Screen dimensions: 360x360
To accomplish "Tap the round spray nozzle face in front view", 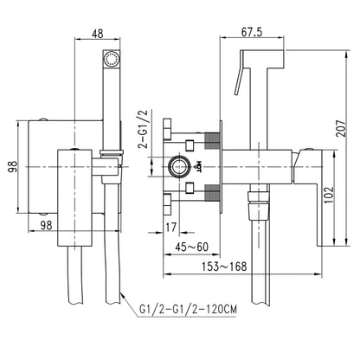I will (110, 59).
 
